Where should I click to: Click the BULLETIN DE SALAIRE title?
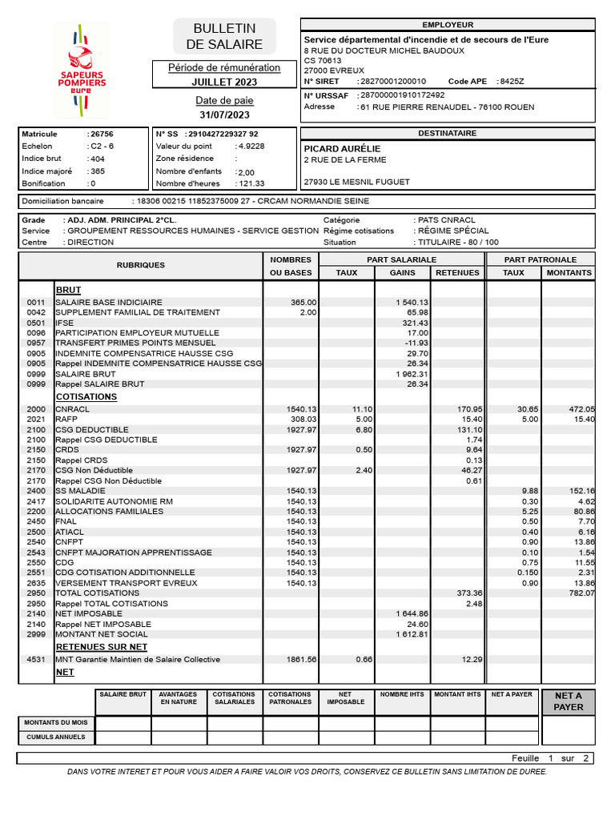point(224,37)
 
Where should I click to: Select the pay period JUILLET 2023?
point(224,82)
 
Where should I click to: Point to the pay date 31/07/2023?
point(224,115)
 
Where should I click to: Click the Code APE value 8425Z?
point(511,82)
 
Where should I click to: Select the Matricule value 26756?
point(102,135)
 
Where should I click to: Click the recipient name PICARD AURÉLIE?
point(343,149)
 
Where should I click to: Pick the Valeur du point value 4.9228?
point(251,147)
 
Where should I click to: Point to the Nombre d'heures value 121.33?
point(251,183)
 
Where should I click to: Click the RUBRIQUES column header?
point(141,265)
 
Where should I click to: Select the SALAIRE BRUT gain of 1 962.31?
point(412,374)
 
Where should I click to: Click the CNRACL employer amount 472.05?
point(581,409)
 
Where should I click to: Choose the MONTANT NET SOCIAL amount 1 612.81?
point(412,634)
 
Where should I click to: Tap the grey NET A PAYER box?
point(569,701)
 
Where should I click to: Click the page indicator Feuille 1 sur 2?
point(550,758)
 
